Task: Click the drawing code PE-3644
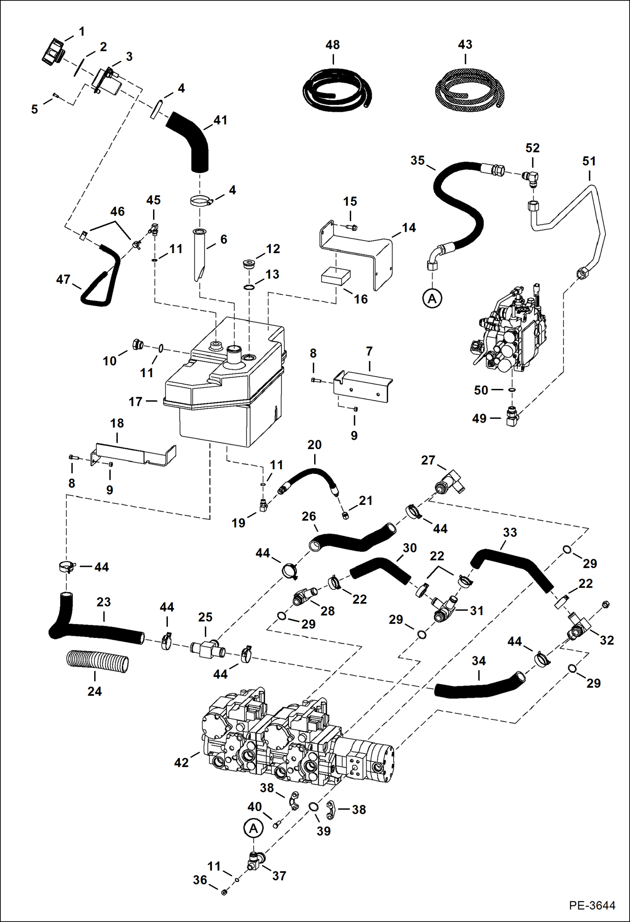592,905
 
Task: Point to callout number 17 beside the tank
135,402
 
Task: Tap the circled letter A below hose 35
432,299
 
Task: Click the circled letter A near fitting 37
253,828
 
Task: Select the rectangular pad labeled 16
335,277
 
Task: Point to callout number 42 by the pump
181,762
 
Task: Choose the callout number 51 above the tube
589,161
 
